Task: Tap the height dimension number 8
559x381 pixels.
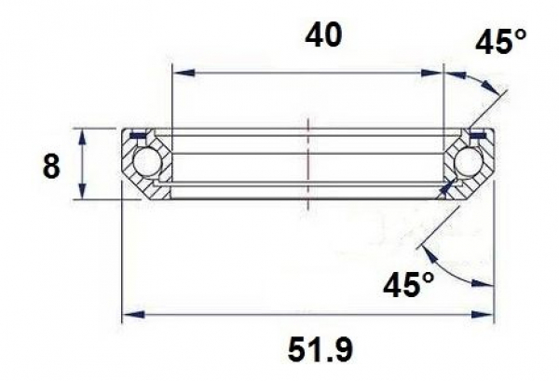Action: [x=51, y=168]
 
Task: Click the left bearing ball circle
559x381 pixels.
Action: [x=146, y=164]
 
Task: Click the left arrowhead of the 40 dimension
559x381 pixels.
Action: [x=179, y=72]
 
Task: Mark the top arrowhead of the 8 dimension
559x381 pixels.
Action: [x=84, y=133]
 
